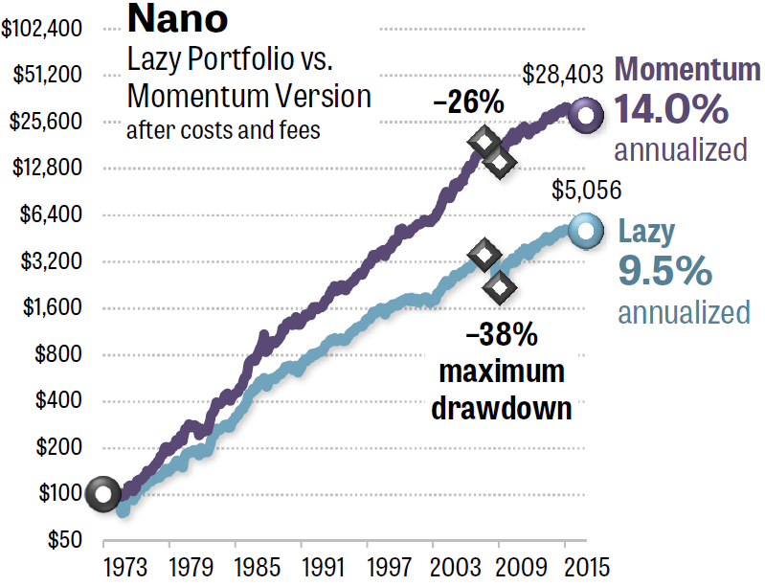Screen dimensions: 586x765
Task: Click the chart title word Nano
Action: tap(177, 20)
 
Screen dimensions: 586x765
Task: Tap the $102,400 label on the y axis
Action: tap(41, 29)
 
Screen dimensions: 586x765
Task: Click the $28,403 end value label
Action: tap(563, 74)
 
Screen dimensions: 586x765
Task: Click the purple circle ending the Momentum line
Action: tap(585, 116)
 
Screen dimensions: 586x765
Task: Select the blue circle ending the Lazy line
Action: tap(585, 230)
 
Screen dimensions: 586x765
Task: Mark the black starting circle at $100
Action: tap(102, 494)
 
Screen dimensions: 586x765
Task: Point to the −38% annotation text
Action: tap(501, 337)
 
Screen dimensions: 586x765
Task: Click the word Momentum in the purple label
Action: tap(687, 70)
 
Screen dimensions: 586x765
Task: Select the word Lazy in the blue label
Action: tap(646, 232)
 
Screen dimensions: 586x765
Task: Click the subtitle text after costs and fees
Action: tap(224, 129)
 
